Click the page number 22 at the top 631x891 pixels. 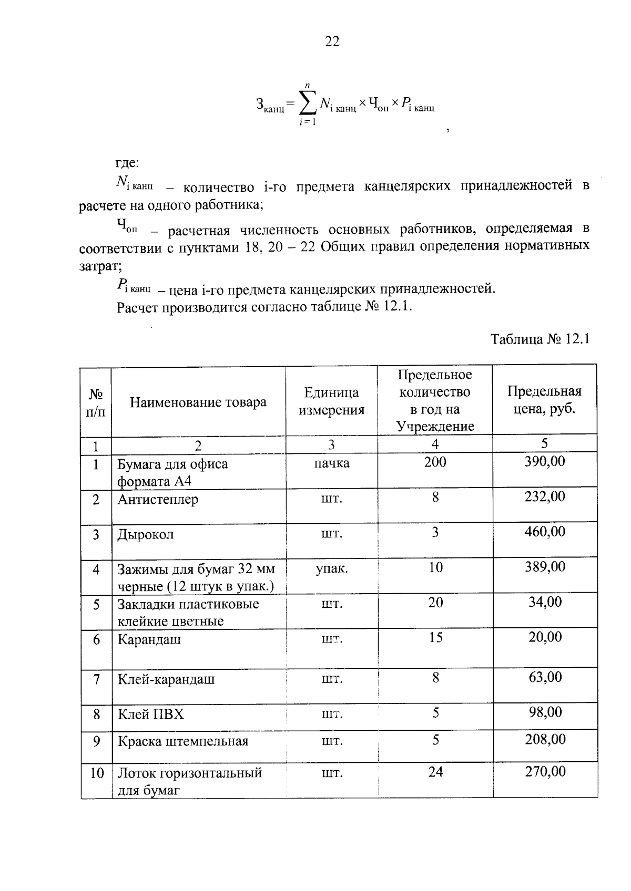(x=332, y=42)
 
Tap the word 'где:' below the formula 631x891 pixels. (x=127, y=163)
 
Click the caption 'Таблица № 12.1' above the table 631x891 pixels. (x=540, y=339)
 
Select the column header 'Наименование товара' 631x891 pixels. (x=198, y=402)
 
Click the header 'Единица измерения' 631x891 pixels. (x=331, y=401)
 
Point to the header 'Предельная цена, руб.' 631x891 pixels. (x=544, y=400)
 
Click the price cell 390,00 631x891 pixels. (x=545, y=462)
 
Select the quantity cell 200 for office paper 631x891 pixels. (x=435, y=462)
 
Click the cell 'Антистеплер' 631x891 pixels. (x=158, y=499)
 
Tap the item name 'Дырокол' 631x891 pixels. (x=146, y=535)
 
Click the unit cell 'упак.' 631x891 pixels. (x=331, y=568)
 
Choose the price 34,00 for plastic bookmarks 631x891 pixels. (x=545, y=602)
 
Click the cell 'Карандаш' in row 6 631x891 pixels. (x=149, y=639)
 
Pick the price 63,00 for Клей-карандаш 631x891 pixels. (x=545, y=677)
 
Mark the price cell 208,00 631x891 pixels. (x=545, y=740)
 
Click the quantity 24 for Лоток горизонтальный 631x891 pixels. (x=435, y=772)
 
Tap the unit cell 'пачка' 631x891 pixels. (x=331, y=463)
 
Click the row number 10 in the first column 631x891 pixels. (x=97, y=773)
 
